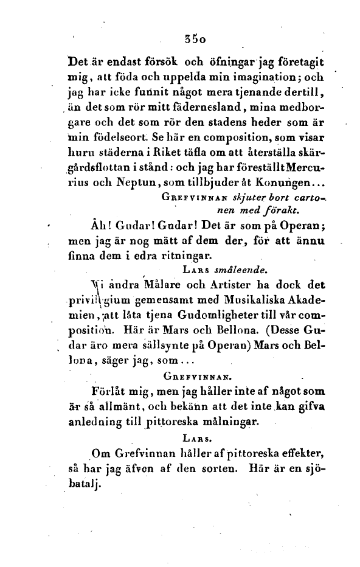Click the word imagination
click(x=267, y=78)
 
